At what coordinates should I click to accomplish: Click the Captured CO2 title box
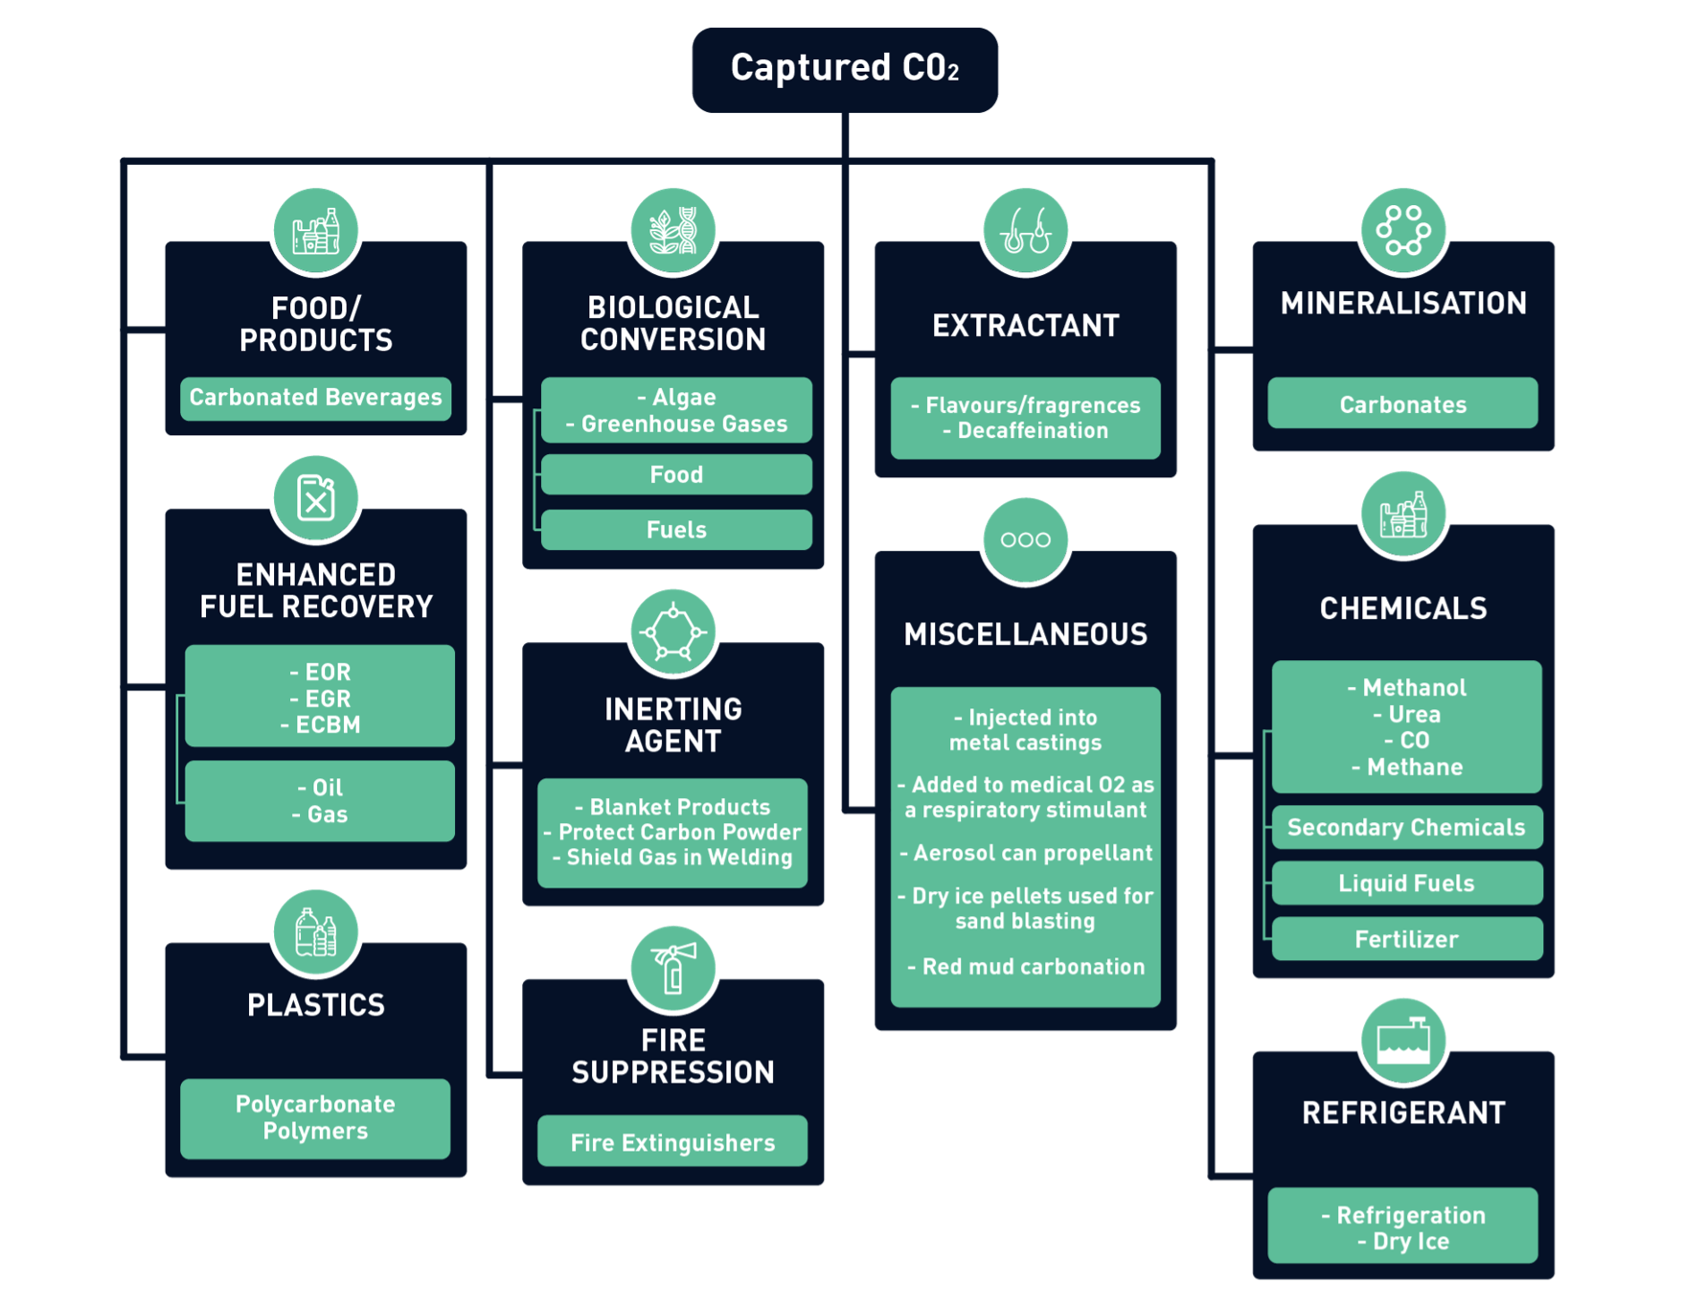click(845, 69)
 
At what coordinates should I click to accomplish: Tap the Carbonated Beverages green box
click(315, 398)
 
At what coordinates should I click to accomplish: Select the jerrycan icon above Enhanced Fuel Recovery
click(315, 498)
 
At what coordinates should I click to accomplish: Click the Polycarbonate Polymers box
click(315, 1118)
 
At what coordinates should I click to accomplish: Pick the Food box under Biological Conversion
click(676, 475)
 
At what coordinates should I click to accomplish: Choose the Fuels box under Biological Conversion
click(676, 529)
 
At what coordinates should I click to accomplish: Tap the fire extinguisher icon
click(673, 967)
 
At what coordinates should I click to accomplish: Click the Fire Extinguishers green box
click(673, 1142)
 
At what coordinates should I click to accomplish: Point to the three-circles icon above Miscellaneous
click(1025, 539)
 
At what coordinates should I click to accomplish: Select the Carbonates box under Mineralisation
click(1403, 404)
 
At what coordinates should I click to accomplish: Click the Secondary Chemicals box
click(1406, 828)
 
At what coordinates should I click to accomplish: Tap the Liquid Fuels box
click(1406, 883)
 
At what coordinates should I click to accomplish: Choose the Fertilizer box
click(1406, 939)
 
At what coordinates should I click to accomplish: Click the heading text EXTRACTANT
click(1025, 325)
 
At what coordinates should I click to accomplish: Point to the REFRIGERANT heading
click(1403, 1112)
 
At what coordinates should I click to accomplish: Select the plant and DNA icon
click(673, 230)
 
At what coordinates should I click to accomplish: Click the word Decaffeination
click(1033, 431)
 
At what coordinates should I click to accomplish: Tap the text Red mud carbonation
click(1034, 966)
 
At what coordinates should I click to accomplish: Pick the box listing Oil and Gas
click(320, 801)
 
